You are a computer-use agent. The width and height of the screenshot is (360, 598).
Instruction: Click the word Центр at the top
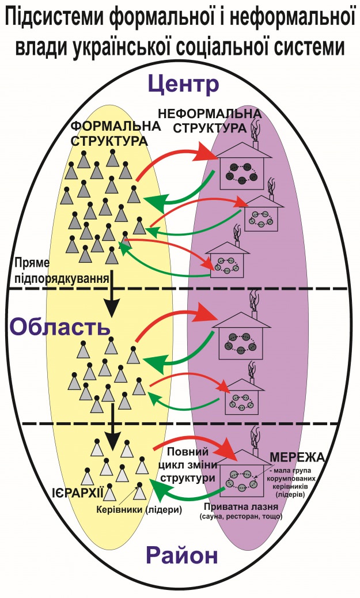[x=183, y=85]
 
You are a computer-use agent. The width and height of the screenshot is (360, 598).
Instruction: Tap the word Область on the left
[x=59, y=327]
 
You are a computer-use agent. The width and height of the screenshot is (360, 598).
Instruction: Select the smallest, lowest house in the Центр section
[x=226, y=261]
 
